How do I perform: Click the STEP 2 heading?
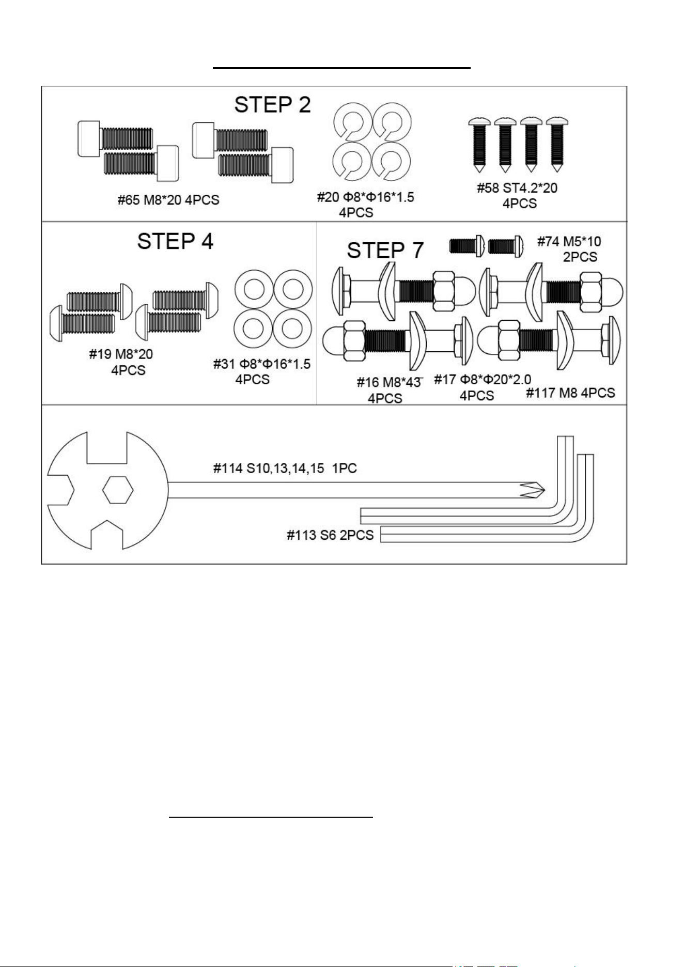272,105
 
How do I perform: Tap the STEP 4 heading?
175,241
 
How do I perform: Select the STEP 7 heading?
385,251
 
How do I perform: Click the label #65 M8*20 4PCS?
168,200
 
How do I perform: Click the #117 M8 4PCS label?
570,393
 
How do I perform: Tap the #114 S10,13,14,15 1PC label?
285,469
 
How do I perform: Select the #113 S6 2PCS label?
330,535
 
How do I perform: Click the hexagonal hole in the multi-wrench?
118,490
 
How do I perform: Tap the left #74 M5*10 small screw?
467,245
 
